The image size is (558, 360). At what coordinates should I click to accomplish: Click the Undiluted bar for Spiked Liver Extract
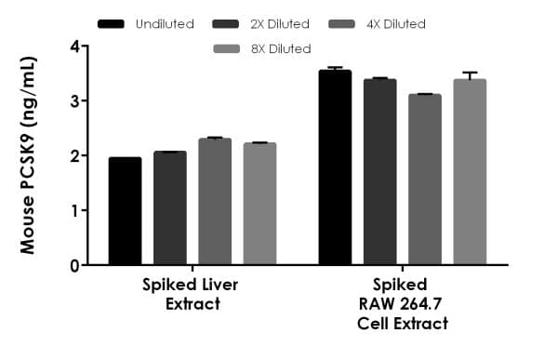click(x=125, y=211)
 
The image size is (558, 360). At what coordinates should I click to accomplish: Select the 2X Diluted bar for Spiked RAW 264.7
click(x=379, y=172)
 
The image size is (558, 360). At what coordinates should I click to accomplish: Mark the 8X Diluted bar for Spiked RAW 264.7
click(x=469, y=172)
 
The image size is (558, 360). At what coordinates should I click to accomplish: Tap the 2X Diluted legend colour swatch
click(x=228, y=21)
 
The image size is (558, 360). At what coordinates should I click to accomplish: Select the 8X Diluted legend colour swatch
click(x=229, y=47)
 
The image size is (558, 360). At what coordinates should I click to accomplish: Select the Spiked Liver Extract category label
click(x=192, y=295)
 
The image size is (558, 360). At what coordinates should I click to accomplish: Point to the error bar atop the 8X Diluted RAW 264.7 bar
click(x=469, y=74)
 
